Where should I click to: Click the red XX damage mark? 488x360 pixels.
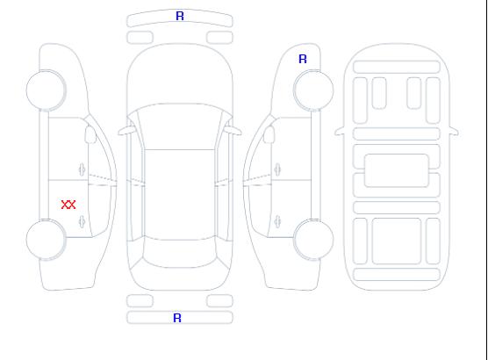[68, 205]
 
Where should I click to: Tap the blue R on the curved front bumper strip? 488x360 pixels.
[180, 16]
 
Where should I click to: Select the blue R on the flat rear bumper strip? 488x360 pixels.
[177, 318]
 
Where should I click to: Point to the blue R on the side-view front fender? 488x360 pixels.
[303, 59]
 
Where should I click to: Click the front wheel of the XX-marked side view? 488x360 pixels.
[46, 90]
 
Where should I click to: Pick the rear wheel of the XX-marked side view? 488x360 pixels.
[46, 240]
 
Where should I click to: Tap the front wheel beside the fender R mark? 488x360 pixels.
[313, 90]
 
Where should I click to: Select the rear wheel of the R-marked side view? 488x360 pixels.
[313, 240]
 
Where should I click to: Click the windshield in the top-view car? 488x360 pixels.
[180, 126]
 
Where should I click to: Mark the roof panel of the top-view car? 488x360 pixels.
[180, 195]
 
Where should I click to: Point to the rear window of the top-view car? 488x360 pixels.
[180, 254]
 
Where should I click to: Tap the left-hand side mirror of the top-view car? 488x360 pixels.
[126, 131]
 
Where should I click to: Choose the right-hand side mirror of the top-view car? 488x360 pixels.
[233, 131]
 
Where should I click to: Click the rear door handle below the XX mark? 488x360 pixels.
[82, 221]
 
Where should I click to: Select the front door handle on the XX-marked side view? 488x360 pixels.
[82, 169]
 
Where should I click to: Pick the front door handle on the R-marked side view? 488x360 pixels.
[277, 169]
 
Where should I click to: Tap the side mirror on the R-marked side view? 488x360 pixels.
[269, 134]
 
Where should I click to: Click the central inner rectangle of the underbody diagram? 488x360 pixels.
[397, 170]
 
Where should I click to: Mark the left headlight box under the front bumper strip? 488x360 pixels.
[140, 38]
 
